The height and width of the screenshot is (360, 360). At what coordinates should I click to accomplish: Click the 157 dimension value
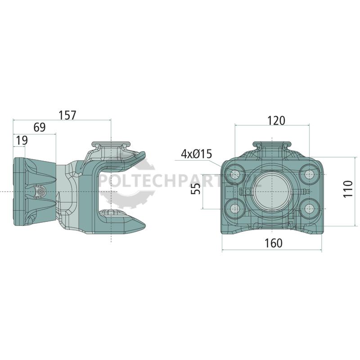[x=67, y=115]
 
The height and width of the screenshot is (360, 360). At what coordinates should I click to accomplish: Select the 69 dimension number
[x=40, y=127]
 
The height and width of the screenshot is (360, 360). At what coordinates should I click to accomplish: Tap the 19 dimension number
[x=22, y=140]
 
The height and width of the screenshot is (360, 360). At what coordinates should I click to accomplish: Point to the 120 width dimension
[x=276, y=121]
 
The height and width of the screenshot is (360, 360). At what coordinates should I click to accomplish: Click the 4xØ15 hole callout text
[x=196, y=154]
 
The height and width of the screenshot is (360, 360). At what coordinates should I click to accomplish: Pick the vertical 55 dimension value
[x=196, y=189]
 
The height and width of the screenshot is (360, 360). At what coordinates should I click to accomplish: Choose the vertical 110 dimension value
[x=348, y=189]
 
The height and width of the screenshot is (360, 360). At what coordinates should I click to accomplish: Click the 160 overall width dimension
[x=274, y=243]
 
